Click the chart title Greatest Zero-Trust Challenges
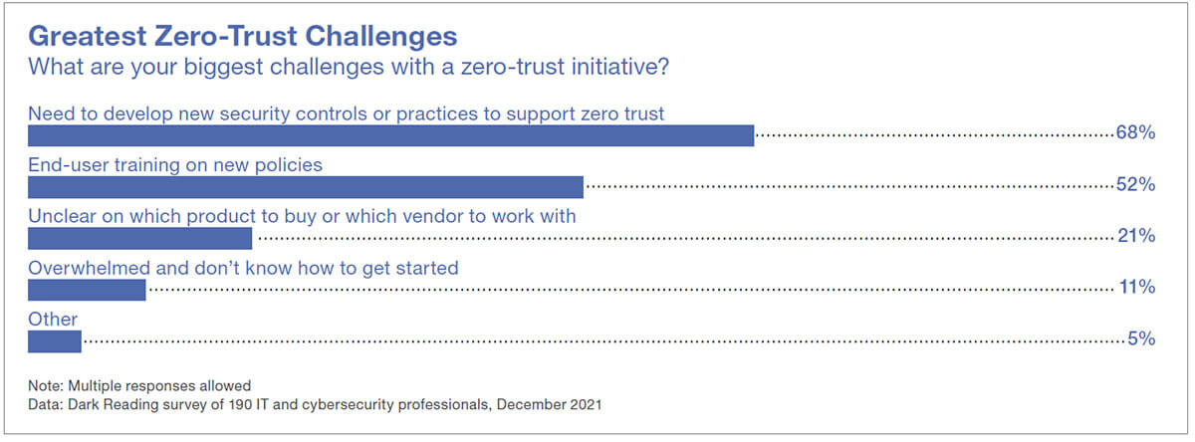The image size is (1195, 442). (243, 36)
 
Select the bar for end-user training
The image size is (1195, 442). (305, 186)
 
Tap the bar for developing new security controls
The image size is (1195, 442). (390, 134)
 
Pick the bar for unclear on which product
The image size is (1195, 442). (139, 238)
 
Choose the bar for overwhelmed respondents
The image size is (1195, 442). (87, 290)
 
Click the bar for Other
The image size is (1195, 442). (54, 341)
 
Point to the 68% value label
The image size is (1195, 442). (1135, 133)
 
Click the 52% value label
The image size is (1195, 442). (1135, 185)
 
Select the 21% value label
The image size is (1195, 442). (1135, 237)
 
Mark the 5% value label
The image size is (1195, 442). (1141, 340)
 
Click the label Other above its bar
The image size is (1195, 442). (53, 320)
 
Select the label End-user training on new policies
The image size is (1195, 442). (175, 164)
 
